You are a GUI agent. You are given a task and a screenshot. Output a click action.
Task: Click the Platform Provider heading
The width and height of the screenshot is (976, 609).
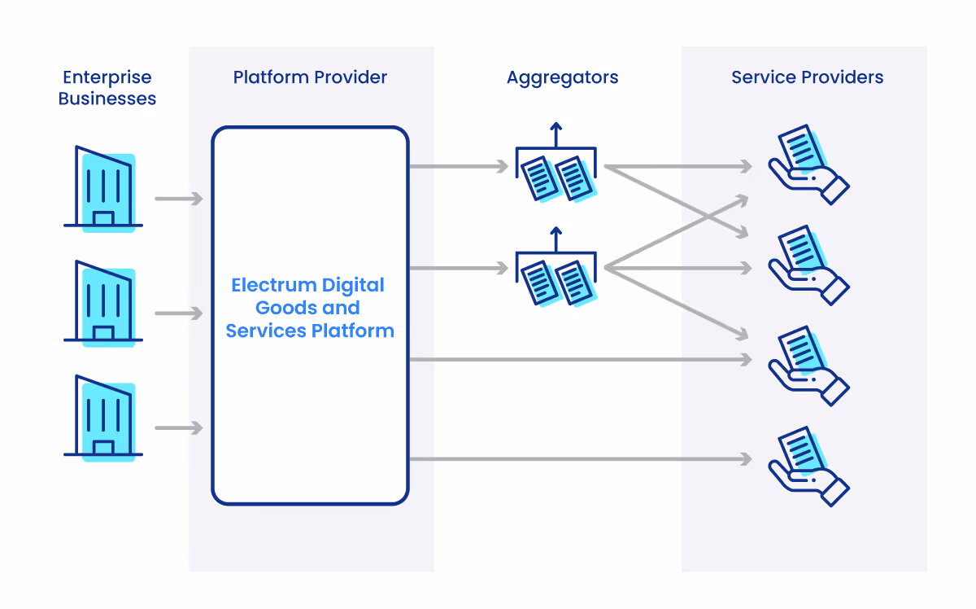point(310,78)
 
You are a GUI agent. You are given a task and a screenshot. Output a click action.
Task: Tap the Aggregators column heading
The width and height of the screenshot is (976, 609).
point(562,78)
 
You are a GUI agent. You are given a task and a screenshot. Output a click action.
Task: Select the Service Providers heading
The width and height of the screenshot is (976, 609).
point(807,78)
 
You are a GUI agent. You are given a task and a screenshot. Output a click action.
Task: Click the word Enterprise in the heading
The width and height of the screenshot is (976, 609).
point(107,78)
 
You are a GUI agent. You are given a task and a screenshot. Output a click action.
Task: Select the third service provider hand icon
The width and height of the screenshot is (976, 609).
point(808,366)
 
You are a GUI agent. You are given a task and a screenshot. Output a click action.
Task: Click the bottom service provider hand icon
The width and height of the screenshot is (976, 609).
point(808,466)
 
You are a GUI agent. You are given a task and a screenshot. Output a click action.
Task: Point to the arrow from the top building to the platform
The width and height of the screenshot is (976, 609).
point(178,198)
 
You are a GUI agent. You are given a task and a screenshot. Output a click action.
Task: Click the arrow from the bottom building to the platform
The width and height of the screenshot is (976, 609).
point(178,427)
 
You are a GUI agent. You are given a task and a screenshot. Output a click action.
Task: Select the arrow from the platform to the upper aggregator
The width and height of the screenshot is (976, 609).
point(459,167)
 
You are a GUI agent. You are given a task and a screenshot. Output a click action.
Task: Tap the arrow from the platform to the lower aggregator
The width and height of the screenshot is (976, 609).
point(459,268)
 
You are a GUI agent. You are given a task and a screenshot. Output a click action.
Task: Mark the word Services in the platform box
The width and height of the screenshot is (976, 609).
point(264,331)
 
